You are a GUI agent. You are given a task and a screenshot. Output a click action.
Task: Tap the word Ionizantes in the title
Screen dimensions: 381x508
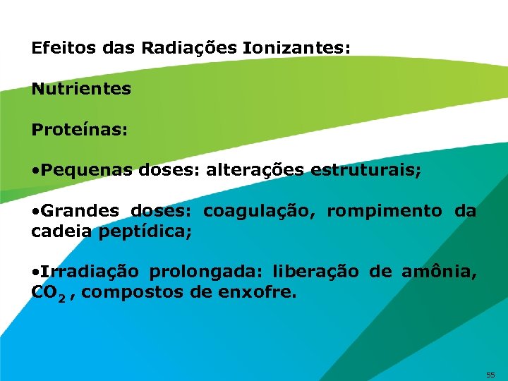[x=294, y=49]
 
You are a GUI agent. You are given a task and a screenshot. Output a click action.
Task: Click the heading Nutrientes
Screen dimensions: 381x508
[x=81, y=90]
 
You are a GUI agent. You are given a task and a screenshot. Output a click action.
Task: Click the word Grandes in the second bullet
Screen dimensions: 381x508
[x=85, y=211]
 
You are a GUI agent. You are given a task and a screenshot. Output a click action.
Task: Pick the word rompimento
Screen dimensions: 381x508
[x=385, y=211]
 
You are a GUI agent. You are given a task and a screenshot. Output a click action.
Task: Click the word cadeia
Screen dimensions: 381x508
[x=62, y=231]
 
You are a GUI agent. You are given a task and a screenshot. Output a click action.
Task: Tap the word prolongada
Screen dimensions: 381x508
[x=206, y=272]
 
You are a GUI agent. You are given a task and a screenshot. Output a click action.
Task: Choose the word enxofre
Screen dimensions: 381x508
[x=259, y=291]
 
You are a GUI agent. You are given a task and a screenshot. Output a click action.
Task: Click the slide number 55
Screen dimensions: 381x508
[x=490, y=373]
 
